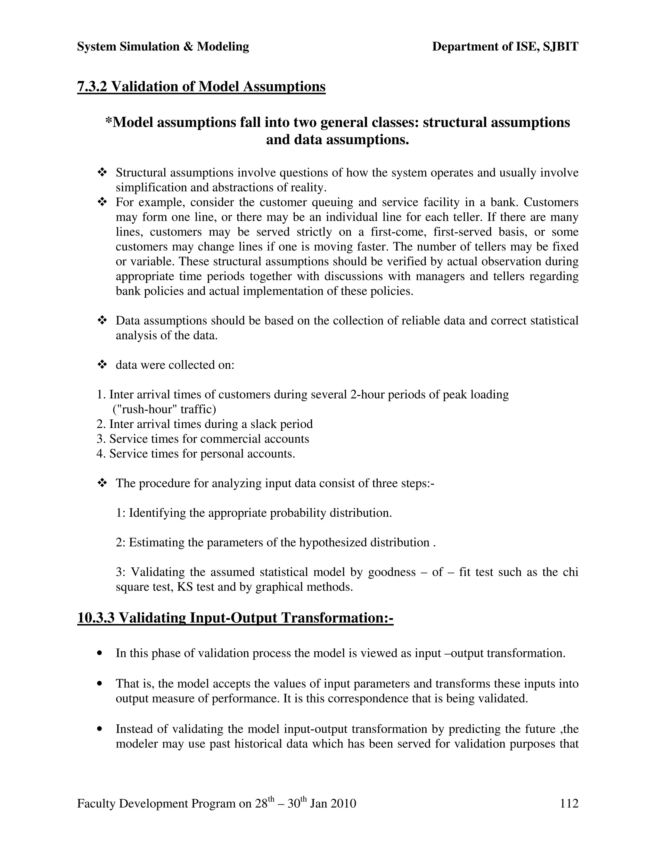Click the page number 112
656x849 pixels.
(x=569, y=804)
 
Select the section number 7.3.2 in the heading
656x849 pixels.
(x=92, y=86)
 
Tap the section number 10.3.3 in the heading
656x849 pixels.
(x=96, y=618)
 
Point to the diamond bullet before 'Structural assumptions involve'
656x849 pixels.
(x=102, y=172)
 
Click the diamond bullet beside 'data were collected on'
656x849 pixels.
(x=102, y=365)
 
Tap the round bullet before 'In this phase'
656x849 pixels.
(x=101, y=654)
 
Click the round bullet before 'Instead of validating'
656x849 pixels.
(x=101, y=729)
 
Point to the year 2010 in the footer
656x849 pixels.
(x=343, y=804)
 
